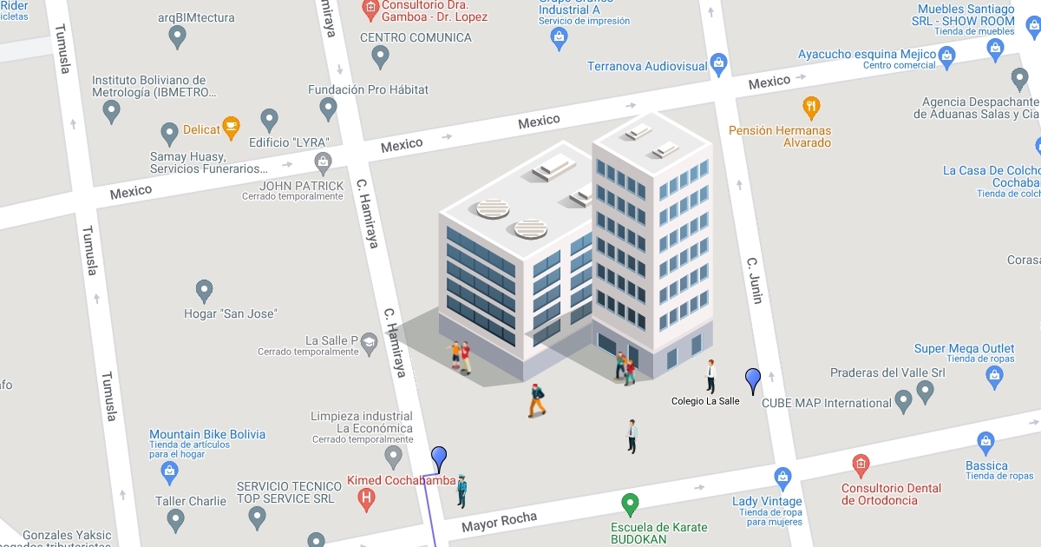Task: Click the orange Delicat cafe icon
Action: [230, 128]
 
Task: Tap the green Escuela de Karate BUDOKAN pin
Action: [631, 504]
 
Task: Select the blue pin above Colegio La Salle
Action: [753, 379]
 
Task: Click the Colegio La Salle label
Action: [705, 401]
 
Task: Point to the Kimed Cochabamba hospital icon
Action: [367, 499]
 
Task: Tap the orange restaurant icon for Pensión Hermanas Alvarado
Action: [812, 108]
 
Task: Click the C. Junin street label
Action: [755, 280]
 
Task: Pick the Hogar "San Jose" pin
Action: [204, 291]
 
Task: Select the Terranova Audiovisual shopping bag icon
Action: [718, 63]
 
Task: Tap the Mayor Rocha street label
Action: [499, 522]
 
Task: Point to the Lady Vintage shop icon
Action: [782, 478]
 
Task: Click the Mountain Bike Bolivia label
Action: [207, 434]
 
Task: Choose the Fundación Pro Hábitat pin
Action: [328, 109]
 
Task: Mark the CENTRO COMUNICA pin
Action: [380, 56]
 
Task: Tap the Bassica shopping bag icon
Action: [985, 441]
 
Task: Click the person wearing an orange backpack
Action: [537, 399]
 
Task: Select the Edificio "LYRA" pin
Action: [270, 120]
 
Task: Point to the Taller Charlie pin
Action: [176, 519]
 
